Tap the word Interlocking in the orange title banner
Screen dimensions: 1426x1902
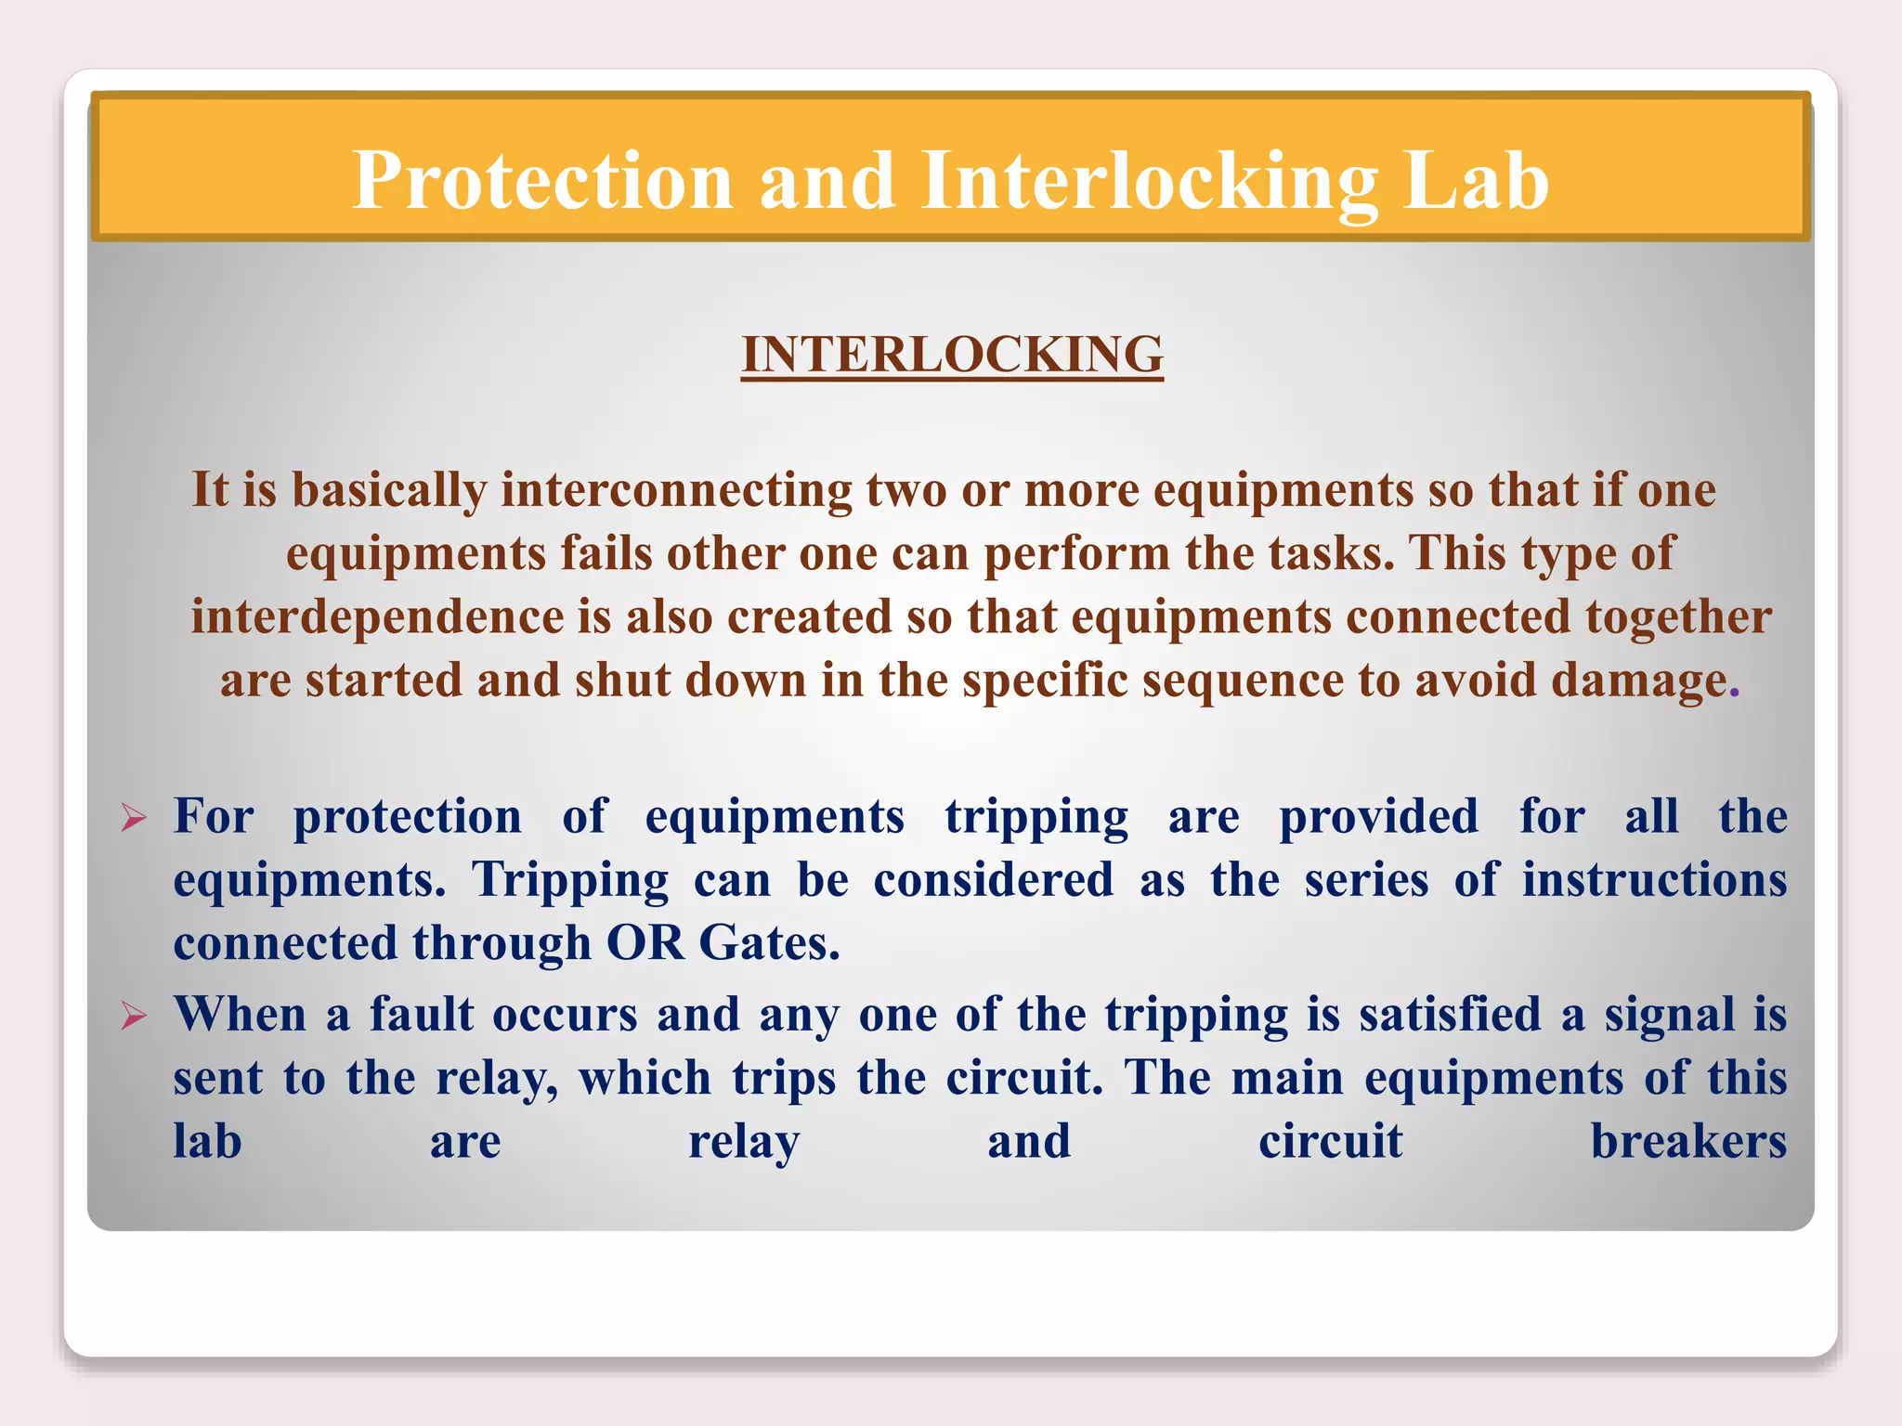1149,180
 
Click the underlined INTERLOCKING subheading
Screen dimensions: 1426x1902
952,355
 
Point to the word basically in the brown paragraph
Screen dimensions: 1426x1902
389,490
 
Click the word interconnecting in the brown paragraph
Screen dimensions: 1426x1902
676,490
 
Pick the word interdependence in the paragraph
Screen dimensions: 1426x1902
377,617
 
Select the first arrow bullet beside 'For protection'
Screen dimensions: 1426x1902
134,819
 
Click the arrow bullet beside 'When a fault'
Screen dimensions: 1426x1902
134,1017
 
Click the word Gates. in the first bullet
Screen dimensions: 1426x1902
769,943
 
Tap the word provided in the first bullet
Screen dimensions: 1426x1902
1378,818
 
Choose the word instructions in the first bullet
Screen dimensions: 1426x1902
1654,880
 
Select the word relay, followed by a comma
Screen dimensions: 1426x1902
497,1079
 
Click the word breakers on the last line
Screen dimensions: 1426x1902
1687,1142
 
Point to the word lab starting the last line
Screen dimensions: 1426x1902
207,1142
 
